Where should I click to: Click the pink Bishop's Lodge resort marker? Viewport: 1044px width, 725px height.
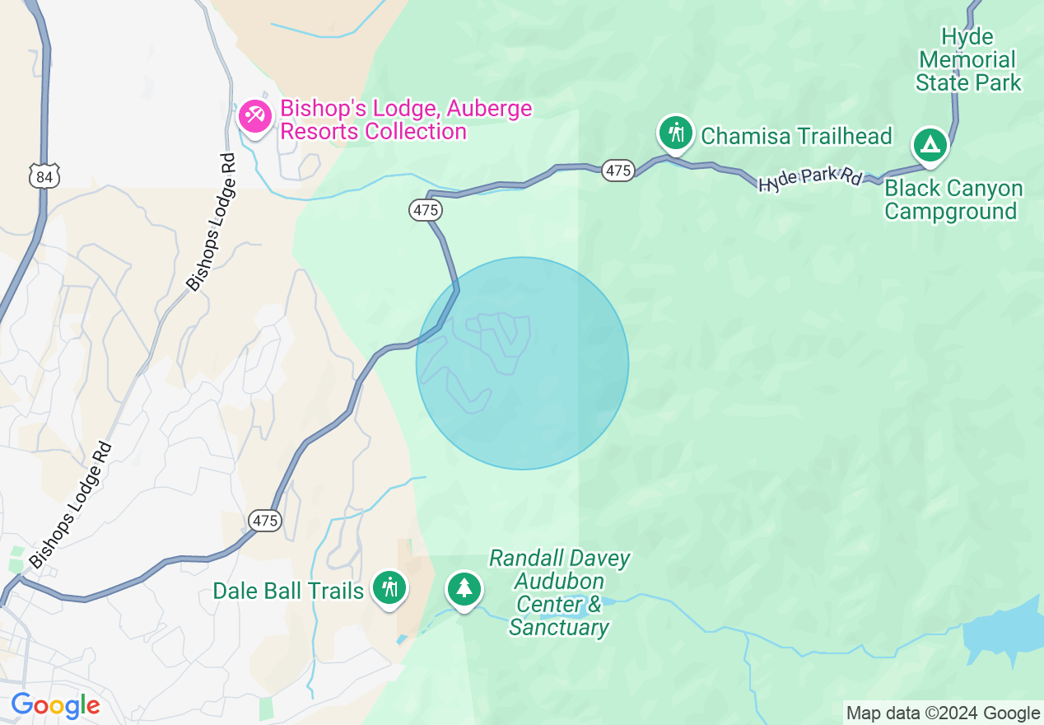click(x=254, y=117)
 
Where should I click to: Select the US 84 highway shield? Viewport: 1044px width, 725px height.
click(x=44, y=176)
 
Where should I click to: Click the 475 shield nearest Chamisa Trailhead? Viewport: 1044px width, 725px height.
click(x=618, y=171)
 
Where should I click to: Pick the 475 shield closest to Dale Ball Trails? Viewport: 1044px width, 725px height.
click(x=265, y=521)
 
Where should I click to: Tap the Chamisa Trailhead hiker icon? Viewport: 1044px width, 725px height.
click(x=676, y=133)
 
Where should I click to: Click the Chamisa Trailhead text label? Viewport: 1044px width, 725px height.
click(x=796, y=136)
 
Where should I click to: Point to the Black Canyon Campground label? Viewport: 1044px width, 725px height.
click(x=953, y=200)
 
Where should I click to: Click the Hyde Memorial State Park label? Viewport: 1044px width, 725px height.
click(x=968, y=60)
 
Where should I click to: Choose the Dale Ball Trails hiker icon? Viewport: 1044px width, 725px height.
click(x=389, y=588)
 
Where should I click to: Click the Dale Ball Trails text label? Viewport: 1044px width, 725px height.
click(x=288, y=591)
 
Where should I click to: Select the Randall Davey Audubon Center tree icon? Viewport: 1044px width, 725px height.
click(x=464, y=588)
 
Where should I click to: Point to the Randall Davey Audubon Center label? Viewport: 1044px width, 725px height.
click(x=559, y=593)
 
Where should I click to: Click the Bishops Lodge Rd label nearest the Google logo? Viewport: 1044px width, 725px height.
click(x=71, y=505)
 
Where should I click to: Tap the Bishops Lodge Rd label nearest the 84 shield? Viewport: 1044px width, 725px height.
click(x=210, y=223)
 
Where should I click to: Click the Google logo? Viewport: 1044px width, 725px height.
click(x=55, y=705)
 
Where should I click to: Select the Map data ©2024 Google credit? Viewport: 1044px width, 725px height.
click(x=944, y=713)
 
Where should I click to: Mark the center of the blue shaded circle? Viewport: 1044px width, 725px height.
click(x=522, y=363)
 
